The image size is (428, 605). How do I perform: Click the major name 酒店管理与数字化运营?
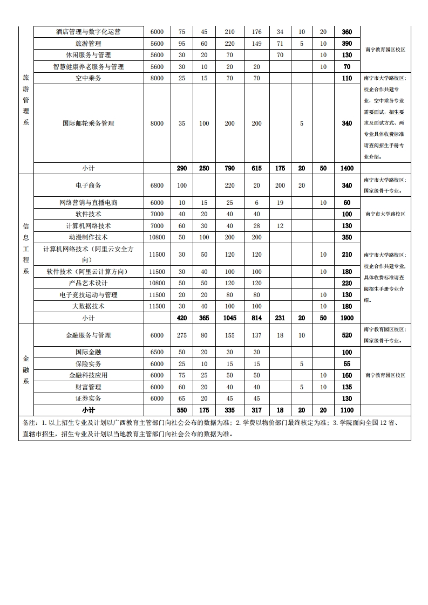coord(89,32)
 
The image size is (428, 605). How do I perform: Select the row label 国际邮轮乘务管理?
coord(89,123)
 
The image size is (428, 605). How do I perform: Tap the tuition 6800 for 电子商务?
coord(157,185)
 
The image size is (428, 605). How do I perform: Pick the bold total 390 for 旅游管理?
coord(347,44)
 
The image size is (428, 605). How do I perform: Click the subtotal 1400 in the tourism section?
coord(347,168)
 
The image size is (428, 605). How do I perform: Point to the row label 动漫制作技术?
coord(89,237)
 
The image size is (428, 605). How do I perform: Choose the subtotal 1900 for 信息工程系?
coord(347,318)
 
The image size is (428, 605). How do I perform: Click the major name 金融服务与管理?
coord(89,335)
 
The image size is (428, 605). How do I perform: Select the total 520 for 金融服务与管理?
coord(347,335)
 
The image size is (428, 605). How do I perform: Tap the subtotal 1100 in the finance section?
coord(347,410)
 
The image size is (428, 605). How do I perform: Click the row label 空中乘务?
coord(89,78)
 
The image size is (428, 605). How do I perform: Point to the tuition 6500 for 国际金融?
coord(157,352)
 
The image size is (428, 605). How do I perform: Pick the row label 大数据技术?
coord(89,306)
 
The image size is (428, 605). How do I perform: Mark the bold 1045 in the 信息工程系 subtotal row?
coord(230,318)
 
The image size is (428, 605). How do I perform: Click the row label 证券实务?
coord(89,398)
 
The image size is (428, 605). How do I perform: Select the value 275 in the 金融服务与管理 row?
coord(182,335)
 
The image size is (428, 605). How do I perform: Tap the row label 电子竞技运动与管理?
coord(89,295)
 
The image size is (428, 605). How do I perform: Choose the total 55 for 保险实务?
coord(347,364)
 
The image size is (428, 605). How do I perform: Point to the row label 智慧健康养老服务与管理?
coord(89,67)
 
